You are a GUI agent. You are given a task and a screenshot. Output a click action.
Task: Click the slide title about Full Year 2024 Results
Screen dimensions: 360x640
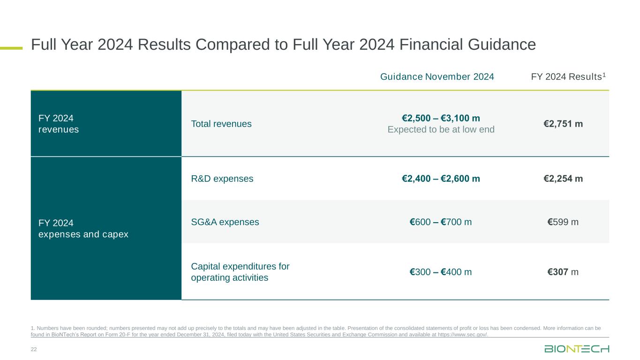(x=283, y=45)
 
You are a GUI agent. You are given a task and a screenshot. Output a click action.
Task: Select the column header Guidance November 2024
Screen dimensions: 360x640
(x=437, y=77)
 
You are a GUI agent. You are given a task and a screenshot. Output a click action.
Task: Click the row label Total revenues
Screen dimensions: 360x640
(x=221, y=124)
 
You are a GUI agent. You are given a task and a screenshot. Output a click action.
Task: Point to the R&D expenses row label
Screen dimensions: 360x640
(x=222, y=179)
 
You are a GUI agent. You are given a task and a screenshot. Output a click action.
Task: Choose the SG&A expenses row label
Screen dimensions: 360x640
(x=225, y=222)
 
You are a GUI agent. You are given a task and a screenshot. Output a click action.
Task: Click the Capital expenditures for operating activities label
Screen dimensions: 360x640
(x=240, y=272)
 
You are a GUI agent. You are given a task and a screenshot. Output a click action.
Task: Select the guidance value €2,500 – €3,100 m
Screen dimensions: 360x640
(x=441, y=118)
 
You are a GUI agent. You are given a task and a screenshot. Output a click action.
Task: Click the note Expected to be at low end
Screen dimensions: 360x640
(x=441, y=129)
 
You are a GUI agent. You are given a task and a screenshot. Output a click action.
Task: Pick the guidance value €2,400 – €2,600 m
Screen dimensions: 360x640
(x=441, y=179)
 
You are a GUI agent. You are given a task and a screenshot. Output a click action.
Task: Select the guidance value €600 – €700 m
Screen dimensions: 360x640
(x=441, y=222)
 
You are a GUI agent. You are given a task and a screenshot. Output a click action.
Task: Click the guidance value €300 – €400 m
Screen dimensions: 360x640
(x=441, y=272)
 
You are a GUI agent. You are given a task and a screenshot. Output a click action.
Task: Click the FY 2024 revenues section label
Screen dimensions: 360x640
(x=59, y=124)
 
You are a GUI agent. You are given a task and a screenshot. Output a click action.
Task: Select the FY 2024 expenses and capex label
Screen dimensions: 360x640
(x=83, y=228)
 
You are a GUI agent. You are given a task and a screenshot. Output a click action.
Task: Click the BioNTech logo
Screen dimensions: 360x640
(x=577, y=349)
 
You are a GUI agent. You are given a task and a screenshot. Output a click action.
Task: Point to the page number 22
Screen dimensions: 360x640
(x=34, y=349)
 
